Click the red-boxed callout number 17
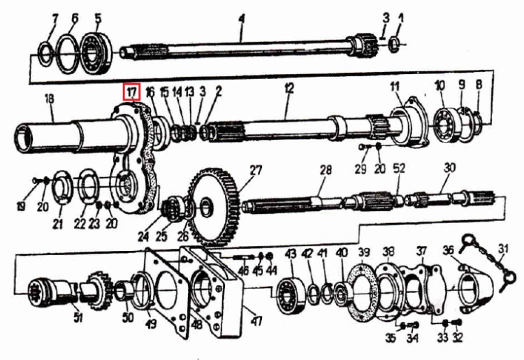131,92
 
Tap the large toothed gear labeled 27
214,207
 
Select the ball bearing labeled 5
98,53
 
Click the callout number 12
289,88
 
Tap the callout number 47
256,322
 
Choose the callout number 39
364,252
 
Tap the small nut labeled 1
394,44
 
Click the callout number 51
78,317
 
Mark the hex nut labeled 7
46,52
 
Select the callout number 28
326,170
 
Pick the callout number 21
57,223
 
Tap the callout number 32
458,337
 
